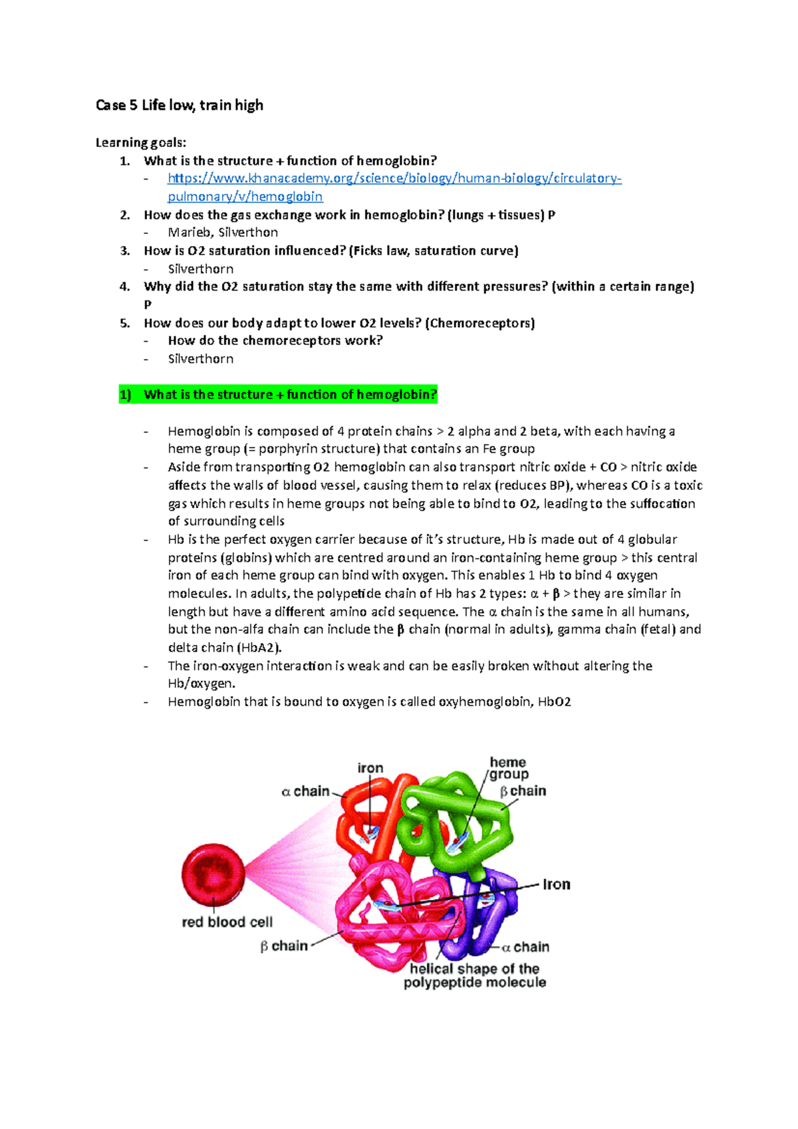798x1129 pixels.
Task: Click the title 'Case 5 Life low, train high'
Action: [x=180, y=105]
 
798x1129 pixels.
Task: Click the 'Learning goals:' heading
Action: [x=141, y=142]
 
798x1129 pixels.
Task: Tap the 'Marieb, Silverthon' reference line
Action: [x=223, y=232]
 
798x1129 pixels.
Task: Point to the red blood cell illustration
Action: [x=213, y=876]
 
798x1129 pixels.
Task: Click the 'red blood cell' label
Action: [x=227, y=922]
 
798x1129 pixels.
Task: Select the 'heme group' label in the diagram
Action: [x=509, y=768]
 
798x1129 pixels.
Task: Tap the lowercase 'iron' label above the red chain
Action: [x=370, y=768]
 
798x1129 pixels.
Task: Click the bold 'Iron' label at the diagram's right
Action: [x=556, y=884]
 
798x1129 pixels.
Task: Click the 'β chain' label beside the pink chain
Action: [x=284, y=945]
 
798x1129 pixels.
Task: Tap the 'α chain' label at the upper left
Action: [x=306, y=791]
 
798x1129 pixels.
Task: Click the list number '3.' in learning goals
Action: [x=125, y=251]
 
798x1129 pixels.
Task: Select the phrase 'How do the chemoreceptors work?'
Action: [x=275, y=340]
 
